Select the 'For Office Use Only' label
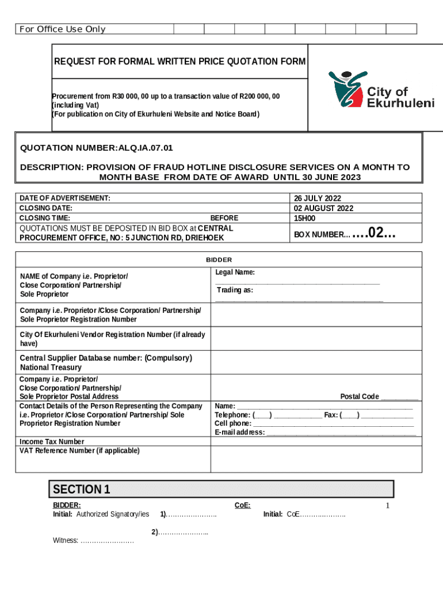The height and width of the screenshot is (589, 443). (x=62, y=29)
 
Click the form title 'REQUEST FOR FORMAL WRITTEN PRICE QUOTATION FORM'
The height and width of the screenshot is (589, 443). (x=180, y=62)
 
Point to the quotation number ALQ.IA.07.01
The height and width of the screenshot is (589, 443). (x=146, y=148)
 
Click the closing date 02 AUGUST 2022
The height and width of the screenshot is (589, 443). (x=323, y=208)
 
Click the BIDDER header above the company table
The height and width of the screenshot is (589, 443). (x=219, y=260)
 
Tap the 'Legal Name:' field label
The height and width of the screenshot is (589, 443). (x=235, y=272)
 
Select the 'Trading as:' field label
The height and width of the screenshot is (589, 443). (x=235, y=290)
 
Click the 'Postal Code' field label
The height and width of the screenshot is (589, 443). (x=360, y=396)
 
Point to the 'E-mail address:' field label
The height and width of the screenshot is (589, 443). (x=240, y=432)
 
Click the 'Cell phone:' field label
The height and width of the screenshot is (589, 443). (x=233, y=423)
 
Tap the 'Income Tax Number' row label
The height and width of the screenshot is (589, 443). (x=52, y=442)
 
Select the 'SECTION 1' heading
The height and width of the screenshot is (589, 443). (x=82, y=489)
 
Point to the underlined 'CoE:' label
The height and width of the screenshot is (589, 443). (x=242, y=505)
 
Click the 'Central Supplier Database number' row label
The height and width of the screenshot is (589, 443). (x=106, y=358)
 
